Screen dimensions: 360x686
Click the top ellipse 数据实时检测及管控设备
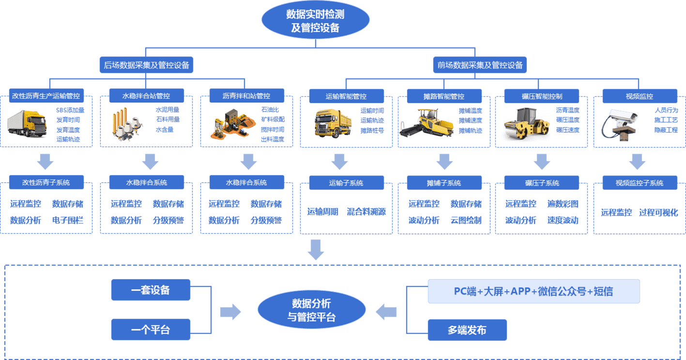coord(315,20)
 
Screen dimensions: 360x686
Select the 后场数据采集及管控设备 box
coord(146,64)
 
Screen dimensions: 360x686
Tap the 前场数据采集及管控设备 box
coord(480,64)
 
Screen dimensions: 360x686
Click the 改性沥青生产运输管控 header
coord(46,95)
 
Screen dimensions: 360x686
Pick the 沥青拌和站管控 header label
coord(246,95)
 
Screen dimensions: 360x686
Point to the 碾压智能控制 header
coord(542,96)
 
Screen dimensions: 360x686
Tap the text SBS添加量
coord(70,110)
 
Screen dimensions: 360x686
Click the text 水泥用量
coord(168,110)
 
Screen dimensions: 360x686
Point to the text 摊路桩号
coord(372,130)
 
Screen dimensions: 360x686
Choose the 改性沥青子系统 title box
coord(46,182)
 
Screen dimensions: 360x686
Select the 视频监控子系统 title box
coord(639,183)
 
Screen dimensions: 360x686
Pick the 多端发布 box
coord(467,330)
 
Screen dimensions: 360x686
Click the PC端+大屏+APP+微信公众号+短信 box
coord(534,291)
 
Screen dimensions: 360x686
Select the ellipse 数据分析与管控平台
coord(311,310)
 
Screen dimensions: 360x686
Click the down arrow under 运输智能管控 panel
coord(339,162)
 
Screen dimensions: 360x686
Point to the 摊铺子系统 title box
coord(444,183)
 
